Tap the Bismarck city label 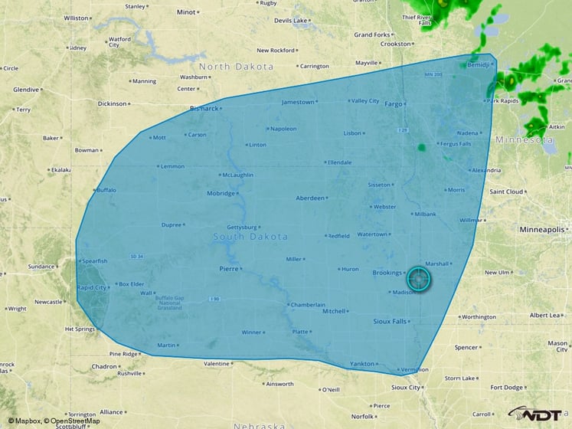pyautogui.click(x=204, y=108)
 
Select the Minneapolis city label pyautogui.click(x=541, y=229)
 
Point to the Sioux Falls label pyautogui.click(x=390, y=321)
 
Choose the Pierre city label pyautogui.click(x=229, y=269)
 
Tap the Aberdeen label pyautogui.click(x=310, y=198)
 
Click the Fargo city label pyautogui.click(x=393, y=103)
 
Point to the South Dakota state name pyautogui.click(x=250, y=237)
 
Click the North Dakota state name pyautogui.click(x=236, y=67)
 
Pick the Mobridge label pyautogui.click(x=221, y=193)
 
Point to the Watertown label pyautogui.click(x=371, y=234)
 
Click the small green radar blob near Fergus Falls pyautogui.click(x=421, y=147)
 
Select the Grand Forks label pyautogui.click(x=373, y=34)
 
